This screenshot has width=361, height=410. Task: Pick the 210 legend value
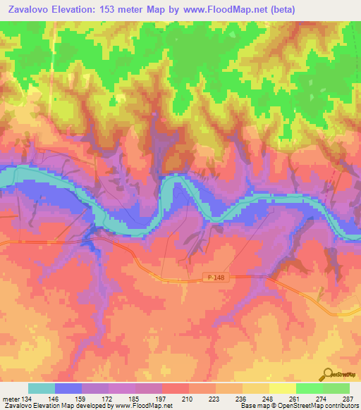tap(186, 398)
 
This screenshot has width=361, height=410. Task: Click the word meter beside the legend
tap(10, 398)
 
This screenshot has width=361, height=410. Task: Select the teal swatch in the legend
tap(41, 388)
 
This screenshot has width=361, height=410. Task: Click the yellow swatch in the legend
tap(282, 388)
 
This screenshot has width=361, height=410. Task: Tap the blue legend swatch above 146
tap(68, 388)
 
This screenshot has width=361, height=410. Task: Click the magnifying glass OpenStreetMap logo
tap(329, 373)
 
